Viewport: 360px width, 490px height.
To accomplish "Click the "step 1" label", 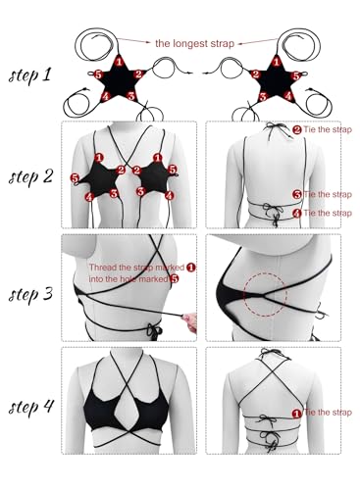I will (x=30, y=75).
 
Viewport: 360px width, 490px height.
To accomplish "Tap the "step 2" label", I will (x=30, y=176).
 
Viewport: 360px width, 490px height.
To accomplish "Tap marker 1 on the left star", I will (x=120, y=61).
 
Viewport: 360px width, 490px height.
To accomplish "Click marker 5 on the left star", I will (x=97, y=74).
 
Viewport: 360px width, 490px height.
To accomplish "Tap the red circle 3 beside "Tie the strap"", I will (x=297, y=194).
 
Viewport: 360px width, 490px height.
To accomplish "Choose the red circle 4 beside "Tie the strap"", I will (x=297, y=213).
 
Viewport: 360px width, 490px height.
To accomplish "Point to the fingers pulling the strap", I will (x=191, y=321).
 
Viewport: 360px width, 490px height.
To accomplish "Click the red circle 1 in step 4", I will (x=297, y=414).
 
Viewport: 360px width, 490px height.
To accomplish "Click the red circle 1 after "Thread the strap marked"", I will (x=190, y=267).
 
